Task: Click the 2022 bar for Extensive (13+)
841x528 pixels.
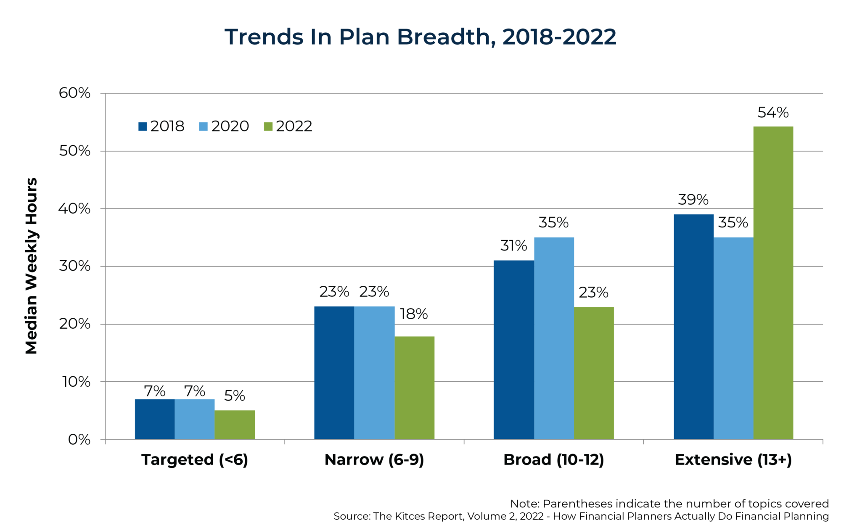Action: click(x=773, y=282)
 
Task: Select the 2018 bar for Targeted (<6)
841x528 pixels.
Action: click(x=154, y=419)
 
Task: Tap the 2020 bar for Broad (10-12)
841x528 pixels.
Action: click(x=554, y=338)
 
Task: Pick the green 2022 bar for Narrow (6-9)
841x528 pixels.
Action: click(x=414, y=388)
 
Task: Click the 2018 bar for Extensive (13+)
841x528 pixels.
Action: click(x=693, y=327)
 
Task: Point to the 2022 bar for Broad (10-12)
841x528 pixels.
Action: click(x=594, y=373)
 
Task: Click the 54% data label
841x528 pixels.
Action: click(x=773, y=113)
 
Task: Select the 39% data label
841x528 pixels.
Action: click(x=693, y=200)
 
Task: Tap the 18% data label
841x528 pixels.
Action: click(x=414, y=314)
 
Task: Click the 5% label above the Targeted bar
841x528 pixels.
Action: click(x=234, y=396)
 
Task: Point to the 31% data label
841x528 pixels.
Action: click(x=513, y=246)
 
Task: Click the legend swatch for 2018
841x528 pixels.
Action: click(x=143, y=127)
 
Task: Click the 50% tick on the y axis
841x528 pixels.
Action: click(x=75, y=151)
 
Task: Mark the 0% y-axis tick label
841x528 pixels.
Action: click(x=79, y=440)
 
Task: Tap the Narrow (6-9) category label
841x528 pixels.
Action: click(x=374, y=459)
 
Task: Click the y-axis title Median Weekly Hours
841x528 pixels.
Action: click(x=32, y=266)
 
